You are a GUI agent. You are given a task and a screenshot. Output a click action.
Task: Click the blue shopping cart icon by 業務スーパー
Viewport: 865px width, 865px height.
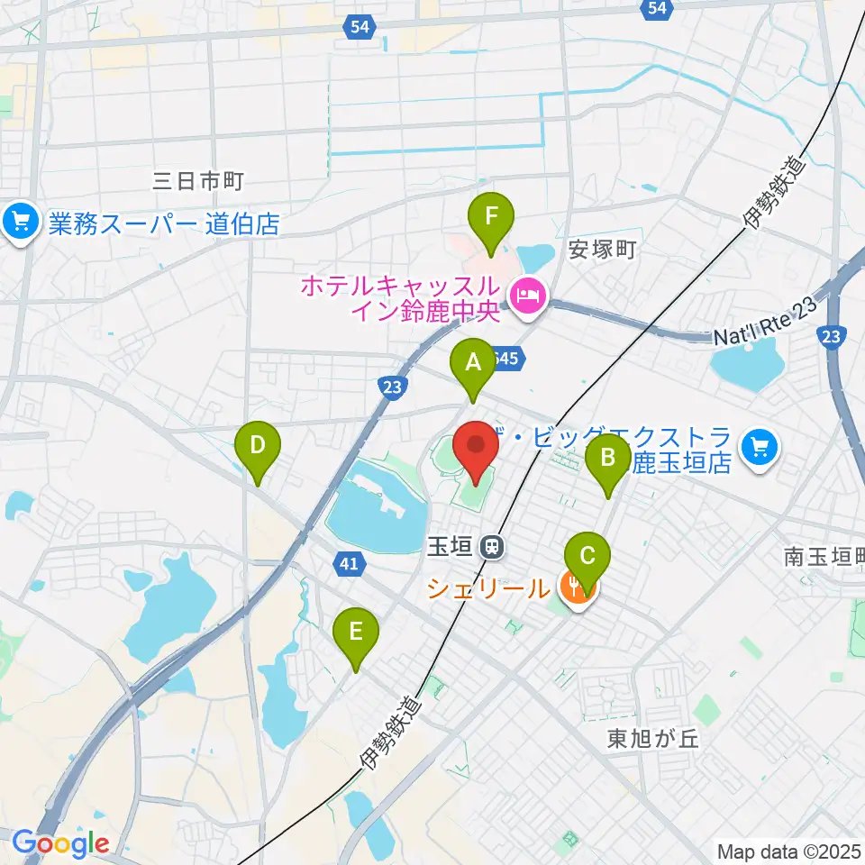tap(21, 222)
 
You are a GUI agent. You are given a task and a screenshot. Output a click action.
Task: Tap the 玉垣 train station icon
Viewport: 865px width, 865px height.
tap(492, 545)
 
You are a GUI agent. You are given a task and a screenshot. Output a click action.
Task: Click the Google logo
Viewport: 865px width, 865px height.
tap(60, 844)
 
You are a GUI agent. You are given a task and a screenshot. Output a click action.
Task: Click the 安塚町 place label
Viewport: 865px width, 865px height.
tap(603, 250)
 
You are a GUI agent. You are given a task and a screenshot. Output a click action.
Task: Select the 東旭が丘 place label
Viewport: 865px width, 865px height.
tap(653, 740)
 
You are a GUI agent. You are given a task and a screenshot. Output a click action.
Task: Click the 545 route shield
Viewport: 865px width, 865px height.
tap(506, 359)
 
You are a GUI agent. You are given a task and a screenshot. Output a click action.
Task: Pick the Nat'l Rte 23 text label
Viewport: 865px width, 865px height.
tap(765, 323)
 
